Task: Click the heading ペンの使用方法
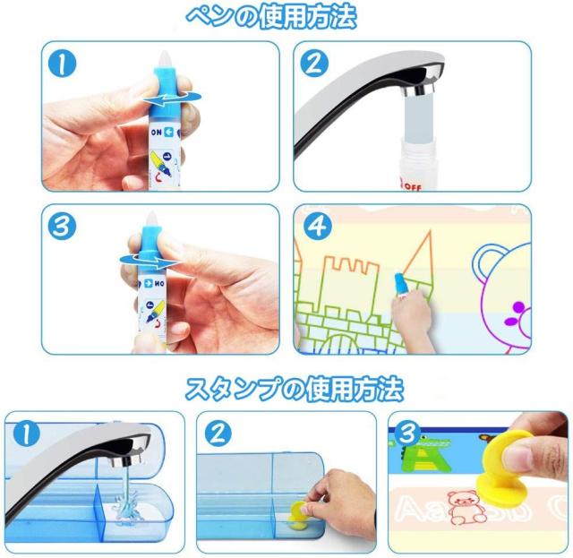tap(271, 17)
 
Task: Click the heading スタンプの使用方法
tap(295, 389)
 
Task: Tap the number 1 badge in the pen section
tap(62, 64)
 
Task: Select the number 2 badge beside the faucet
tap(314, 64)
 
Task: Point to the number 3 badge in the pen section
tap(62, 227)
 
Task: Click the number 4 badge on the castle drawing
tap(317, 227)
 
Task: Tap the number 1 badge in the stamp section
tap(27, 434)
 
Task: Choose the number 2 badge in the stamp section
tap(218, 434)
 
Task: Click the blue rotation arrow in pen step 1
tap(172, 98)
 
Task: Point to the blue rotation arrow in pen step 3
tap(150, 261)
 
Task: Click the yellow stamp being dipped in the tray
tap(299, 515)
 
